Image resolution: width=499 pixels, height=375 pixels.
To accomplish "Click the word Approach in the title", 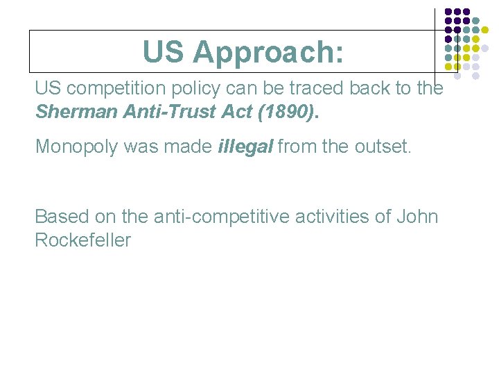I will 268,52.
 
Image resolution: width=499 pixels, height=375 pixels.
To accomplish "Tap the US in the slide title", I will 164,52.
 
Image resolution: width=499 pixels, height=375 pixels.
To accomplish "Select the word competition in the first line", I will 116,89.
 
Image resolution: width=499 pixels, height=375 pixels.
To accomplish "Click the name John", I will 417,217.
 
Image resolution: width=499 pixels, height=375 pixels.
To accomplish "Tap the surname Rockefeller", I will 82,240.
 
